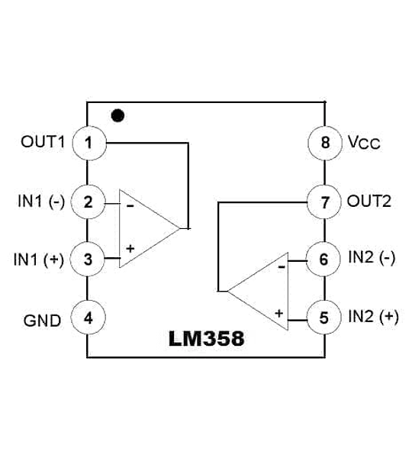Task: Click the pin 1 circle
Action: pyautogui.click(x=89, y=143)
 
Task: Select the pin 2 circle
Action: pyautogui.click(x=88, y=202)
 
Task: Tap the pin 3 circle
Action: pyautogui.click(x=88, y=260)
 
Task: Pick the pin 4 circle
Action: pyautogui.click(x=89, y=318)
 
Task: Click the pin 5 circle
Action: pyautogui.click(x=324, y=317)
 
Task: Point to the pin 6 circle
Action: pyautogui.click(x=324, y=260)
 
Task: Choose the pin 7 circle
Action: pyautogui.click(x=324, y=202)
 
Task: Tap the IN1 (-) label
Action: pyautogui.click(x=41, y=202)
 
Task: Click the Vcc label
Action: pyautogui.click(x=363, y=144)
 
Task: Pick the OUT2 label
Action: pyautogui.click(x=369, y=202)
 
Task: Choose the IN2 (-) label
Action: pyautogui.click(x=372, y=259)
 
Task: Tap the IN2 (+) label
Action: pyautogui.click(x=373, y=317)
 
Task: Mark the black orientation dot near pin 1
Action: pyautogui.click(x=117, y=116)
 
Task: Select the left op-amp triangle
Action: pyautogui.click(x=145, y=227)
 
